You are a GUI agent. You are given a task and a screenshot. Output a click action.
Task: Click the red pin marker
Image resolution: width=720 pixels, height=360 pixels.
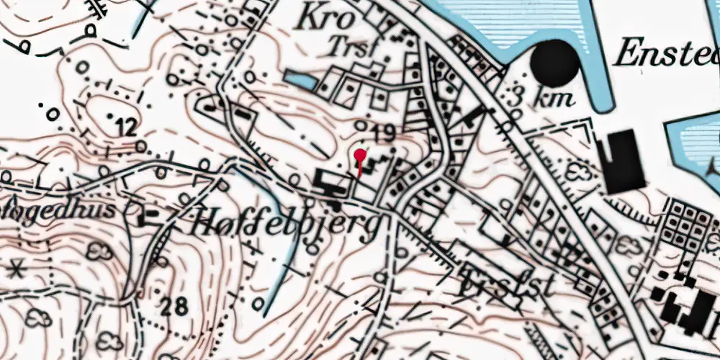(359, 156)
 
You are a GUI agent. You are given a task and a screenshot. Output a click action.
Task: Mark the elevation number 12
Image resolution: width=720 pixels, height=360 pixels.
(125, 129)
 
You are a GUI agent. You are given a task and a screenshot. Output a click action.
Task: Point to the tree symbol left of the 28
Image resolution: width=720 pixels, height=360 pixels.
(99, 252)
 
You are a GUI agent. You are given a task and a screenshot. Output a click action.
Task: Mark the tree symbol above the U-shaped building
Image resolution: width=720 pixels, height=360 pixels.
(578, 171)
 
